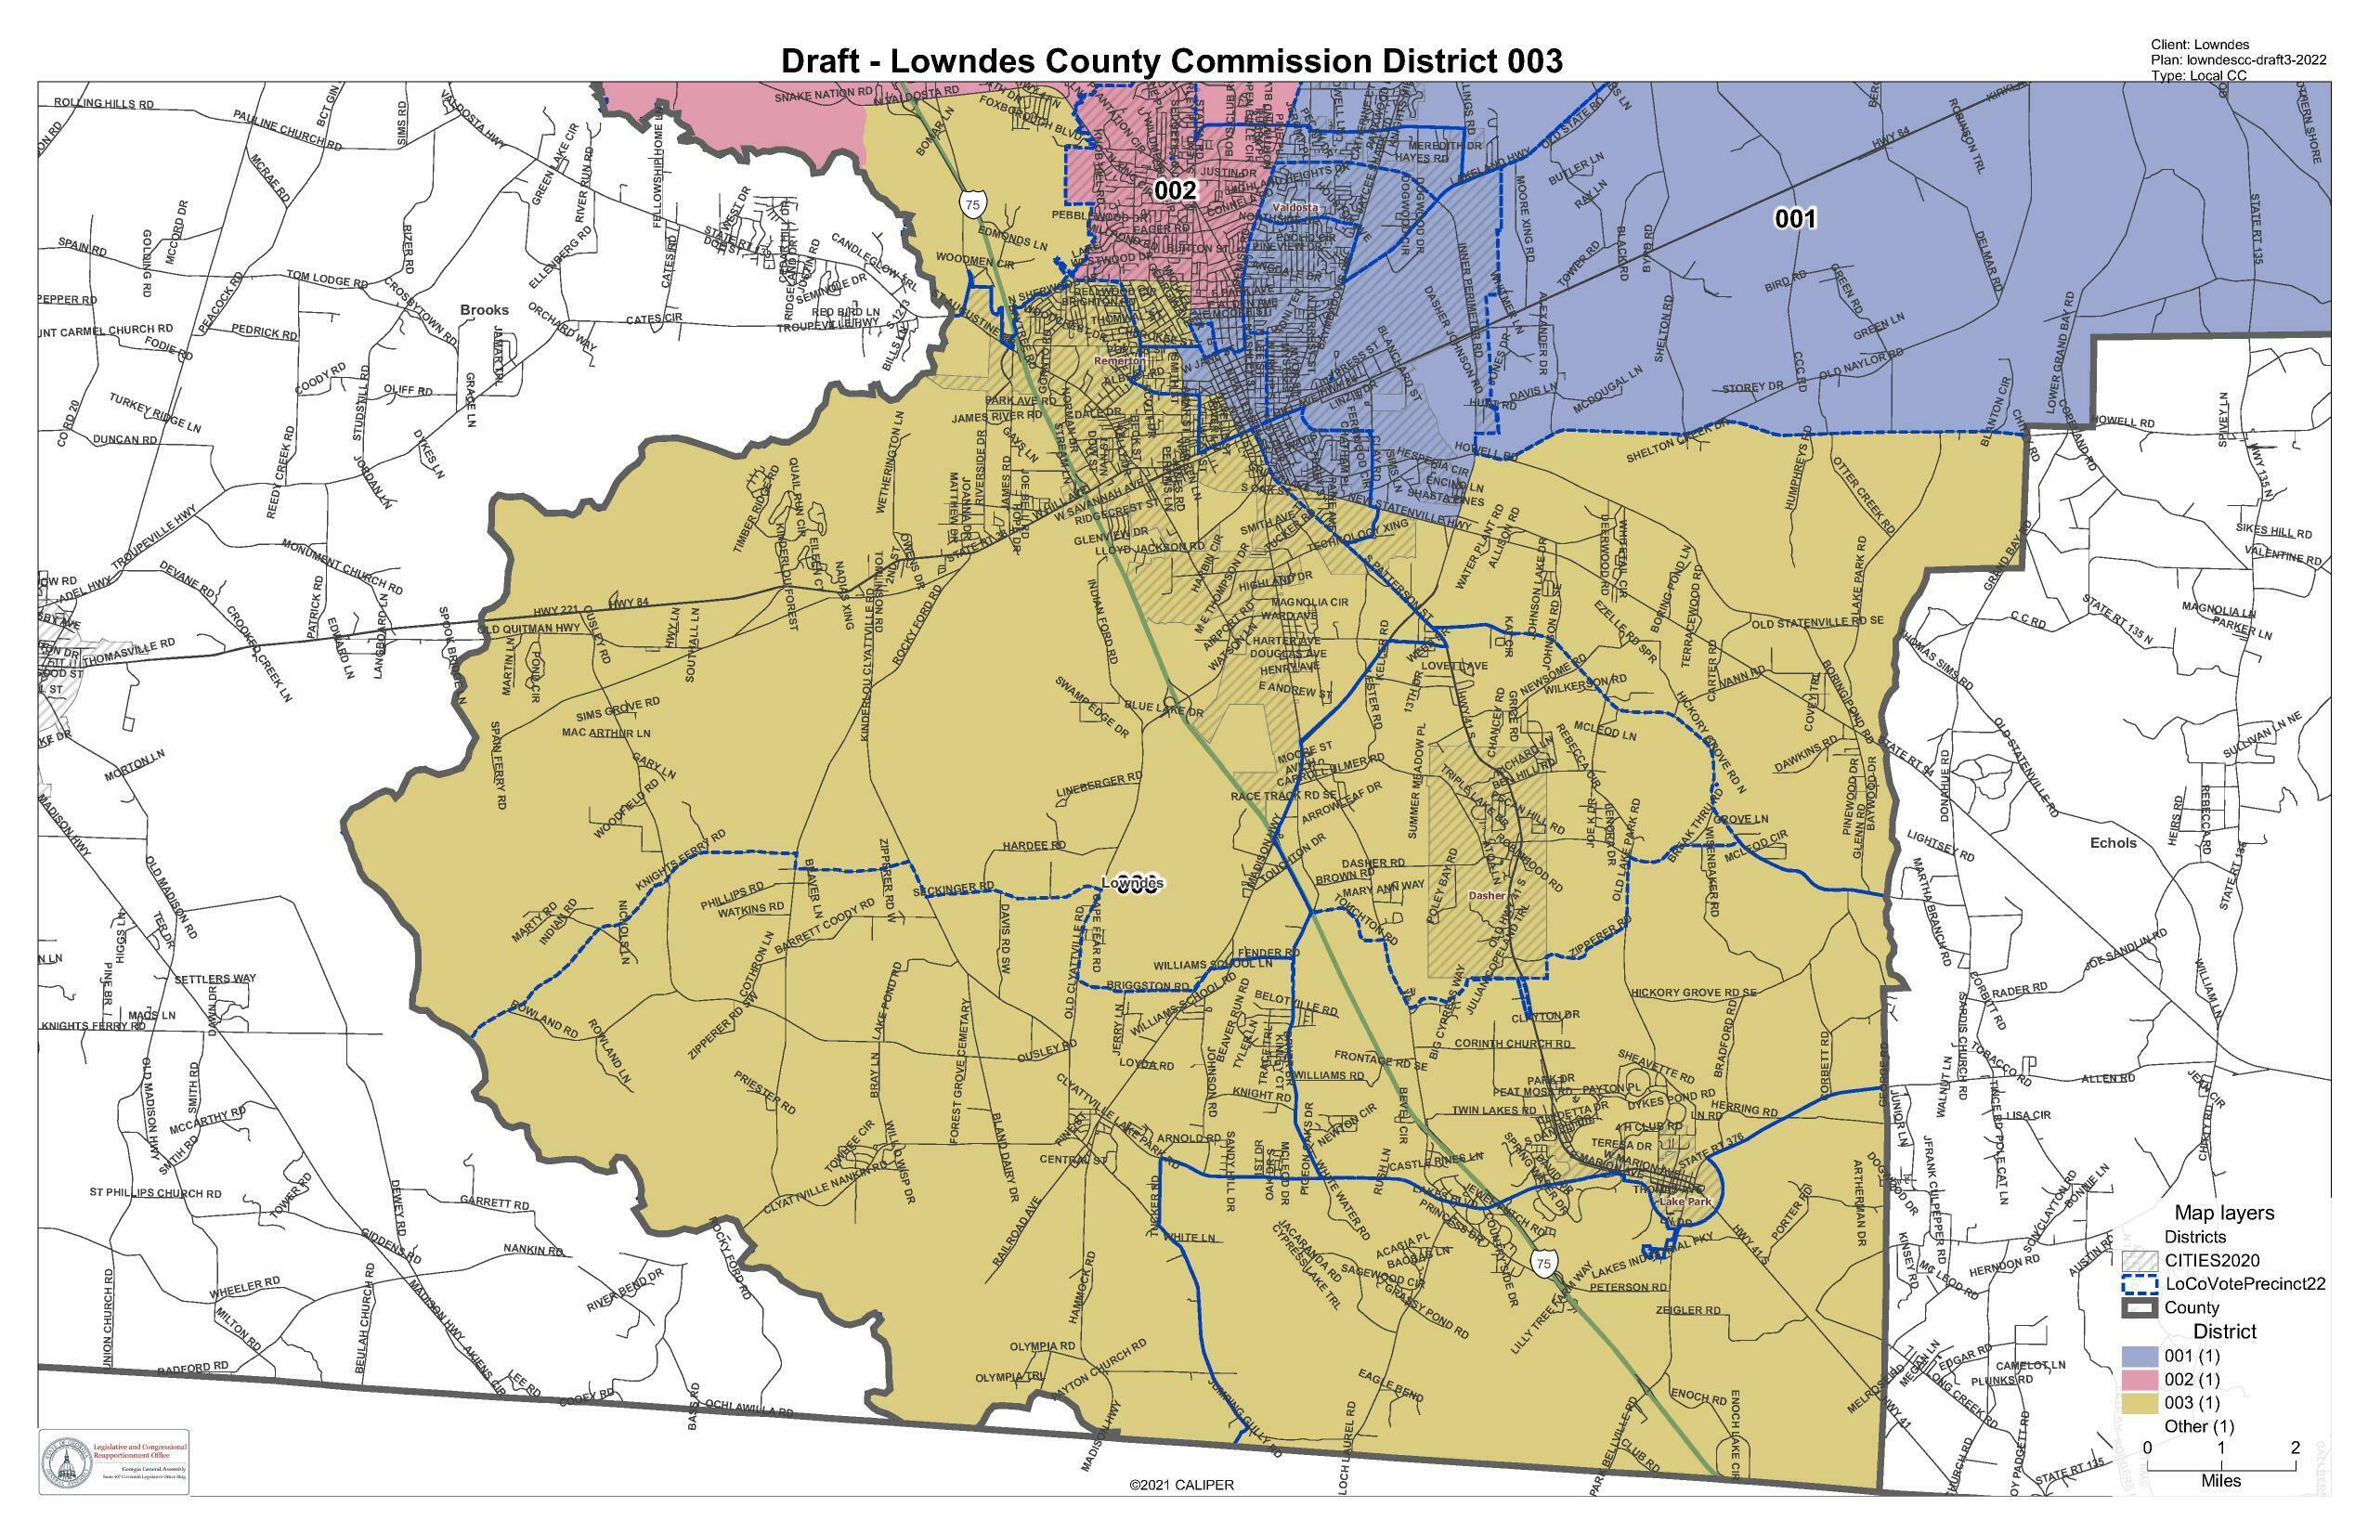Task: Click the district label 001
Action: (x=1795, y=219)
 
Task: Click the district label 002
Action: (x=1174, y=190)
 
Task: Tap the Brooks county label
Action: (x=484, y=309)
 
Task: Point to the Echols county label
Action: (x=2113, y=842)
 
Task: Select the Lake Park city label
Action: (x=1685, y=1202)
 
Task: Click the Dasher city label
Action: (x=1487, y=895)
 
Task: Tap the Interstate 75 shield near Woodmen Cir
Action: (x=971, y=205)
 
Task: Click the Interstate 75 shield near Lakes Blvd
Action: (x=1543, y=1264)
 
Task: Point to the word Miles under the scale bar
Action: (x=2219, y=1480)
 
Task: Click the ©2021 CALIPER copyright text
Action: (x=1181, y=1485)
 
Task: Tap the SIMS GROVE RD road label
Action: (x=618, y=708)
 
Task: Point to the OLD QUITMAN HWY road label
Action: (x=528, y=629)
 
